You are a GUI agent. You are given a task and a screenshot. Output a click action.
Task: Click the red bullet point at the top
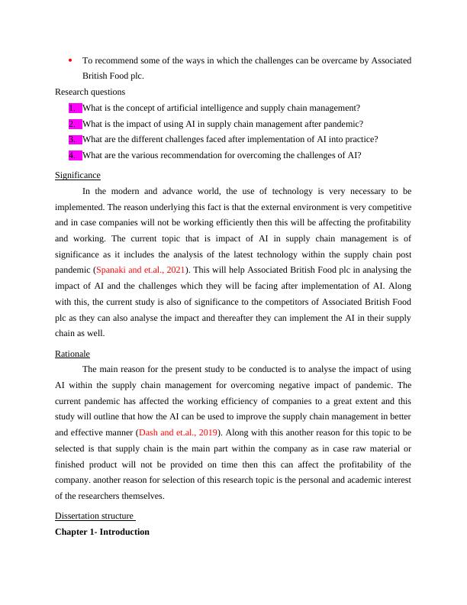[69, 60]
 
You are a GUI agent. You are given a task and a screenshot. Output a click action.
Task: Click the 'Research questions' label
[90, 92]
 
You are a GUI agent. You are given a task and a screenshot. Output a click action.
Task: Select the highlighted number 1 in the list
[73, 108]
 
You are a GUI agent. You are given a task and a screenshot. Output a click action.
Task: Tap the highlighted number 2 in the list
[73, 124]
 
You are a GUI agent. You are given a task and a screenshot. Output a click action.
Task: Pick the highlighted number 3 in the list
[73, 140]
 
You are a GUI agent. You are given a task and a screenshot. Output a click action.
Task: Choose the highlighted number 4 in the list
[73, 156]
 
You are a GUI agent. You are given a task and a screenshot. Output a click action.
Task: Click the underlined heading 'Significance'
[78, 175]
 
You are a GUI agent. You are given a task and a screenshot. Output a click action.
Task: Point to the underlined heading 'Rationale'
[72, 354]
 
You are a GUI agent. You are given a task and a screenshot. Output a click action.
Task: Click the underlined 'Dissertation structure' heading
[95, 516]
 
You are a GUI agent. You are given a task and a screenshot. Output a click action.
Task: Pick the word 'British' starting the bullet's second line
[95, 76]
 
